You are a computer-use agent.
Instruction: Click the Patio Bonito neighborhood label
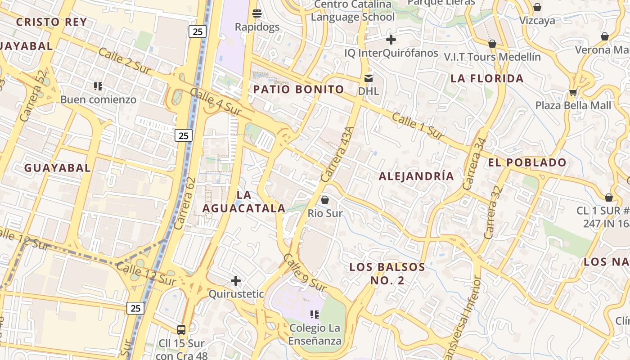tap(298, 89)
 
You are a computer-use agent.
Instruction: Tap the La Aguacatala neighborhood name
tap(243, 202)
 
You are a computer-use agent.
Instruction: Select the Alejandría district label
tap(416, 176)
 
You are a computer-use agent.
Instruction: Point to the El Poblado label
tap(527, 162)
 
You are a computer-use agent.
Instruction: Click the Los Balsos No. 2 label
tap(387, 274)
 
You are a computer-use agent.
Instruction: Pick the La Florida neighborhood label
tap(487, 78)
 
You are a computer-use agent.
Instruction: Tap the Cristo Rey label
tap(51, 22)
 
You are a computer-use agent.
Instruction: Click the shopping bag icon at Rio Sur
tap(325, 199)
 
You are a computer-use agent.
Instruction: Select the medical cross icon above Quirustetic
tap(236, 281)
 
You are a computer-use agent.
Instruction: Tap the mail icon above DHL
tap(369, 78)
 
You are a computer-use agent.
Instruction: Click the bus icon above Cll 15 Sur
tap(181, 330)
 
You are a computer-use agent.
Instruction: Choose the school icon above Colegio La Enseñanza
tap(315, 314)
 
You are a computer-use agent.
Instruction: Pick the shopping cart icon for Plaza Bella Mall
tap(573, 92)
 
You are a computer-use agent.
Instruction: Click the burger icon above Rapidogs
tap(257, 13)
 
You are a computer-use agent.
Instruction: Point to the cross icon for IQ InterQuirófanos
tap(391, 40)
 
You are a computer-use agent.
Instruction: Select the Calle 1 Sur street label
tap(418, 126)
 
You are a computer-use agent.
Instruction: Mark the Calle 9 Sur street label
tap(305, 272)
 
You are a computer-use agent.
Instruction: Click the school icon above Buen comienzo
tap(98, 86)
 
